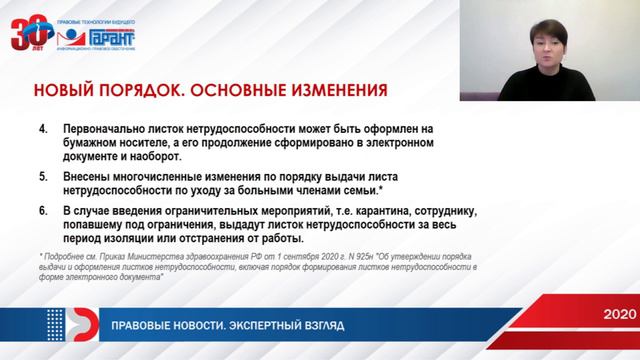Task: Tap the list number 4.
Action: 42,130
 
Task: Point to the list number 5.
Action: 42,176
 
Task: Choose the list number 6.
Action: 42,211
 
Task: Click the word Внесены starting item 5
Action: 87,176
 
